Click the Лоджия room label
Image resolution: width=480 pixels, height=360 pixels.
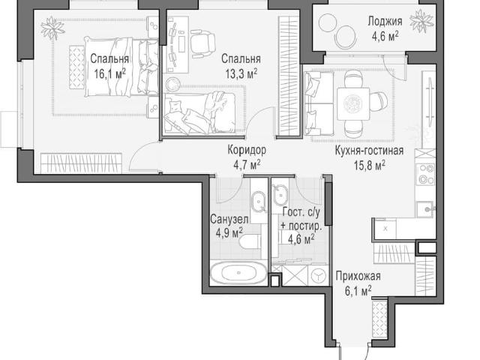pyautogui.click(x=385, y=22)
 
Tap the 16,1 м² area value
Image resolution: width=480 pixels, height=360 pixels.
pyautogui.click(x=109, y=73)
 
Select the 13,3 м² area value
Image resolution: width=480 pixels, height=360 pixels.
pyautogui.click(x=241, y=73)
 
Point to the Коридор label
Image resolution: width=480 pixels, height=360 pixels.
pyautogui.click(x=247, y=150)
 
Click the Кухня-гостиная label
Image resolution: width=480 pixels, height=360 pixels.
pyautogui.click(x=369, y=151)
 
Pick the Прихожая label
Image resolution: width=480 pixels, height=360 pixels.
pyautogui.click(x=358, y=276)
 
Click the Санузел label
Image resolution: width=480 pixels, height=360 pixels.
pyautogui.click(x=229, y=219)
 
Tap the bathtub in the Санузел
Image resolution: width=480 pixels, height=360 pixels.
pyautogui.click(x=239, y=272)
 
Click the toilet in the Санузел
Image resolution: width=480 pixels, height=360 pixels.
pyautogui.click(x=250, y=244)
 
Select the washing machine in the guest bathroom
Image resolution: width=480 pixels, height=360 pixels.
pyautogui.click(x=318, y=276)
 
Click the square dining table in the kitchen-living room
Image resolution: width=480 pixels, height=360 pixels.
pyautogui.click(x=353, y=104)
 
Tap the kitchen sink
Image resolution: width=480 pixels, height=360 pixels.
pyautogui.click(x=425, y=209)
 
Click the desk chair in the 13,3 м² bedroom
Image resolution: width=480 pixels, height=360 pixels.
pyautogui.click(x=202, y=43)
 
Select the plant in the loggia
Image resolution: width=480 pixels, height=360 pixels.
pyautogui.click(x=421, y=20)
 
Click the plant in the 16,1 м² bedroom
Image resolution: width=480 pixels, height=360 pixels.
pyautogui.click(x=53, y=28)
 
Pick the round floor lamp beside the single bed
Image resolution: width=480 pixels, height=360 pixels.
pyautogui.click(x=172, y=84)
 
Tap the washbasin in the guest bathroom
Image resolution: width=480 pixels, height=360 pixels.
pyautogui.click(x=280, y=196)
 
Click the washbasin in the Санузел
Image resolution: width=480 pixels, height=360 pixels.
pyautogui.click(x=259, y=202)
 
